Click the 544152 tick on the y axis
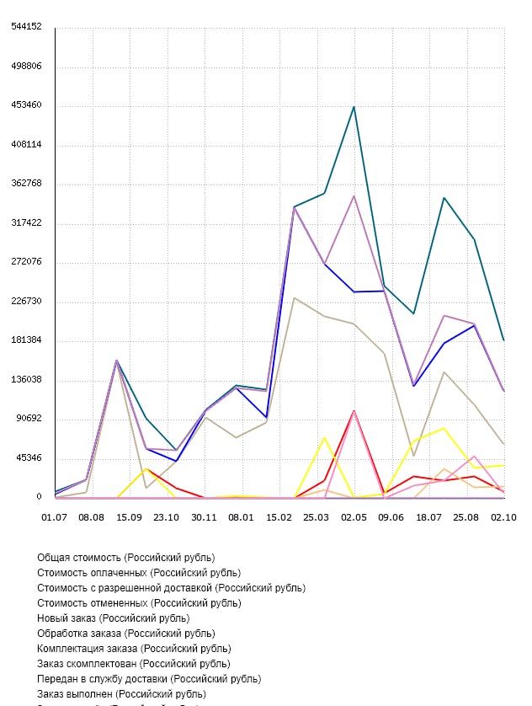[x=27, y=26]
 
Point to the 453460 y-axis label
[x=27, y=105]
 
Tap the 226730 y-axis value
[x=27, y=301]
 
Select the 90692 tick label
[x=29, y=419]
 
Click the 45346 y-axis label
[x=29, y=458]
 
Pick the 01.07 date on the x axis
[x=55, y=516]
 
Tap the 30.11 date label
[x=205, y=516]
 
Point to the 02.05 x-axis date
[x=354, y=516]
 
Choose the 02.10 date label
[x=503, y=516]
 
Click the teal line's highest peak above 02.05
[x=354, y=107]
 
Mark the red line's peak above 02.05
[x=354, y=411]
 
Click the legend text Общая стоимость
[x=126, y=558]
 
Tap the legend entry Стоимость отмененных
[x=139, y=603]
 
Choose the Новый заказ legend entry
[x=114, y=618]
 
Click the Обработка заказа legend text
[x=125, y=634]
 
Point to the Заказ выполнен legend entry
[x=121, y=694]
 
